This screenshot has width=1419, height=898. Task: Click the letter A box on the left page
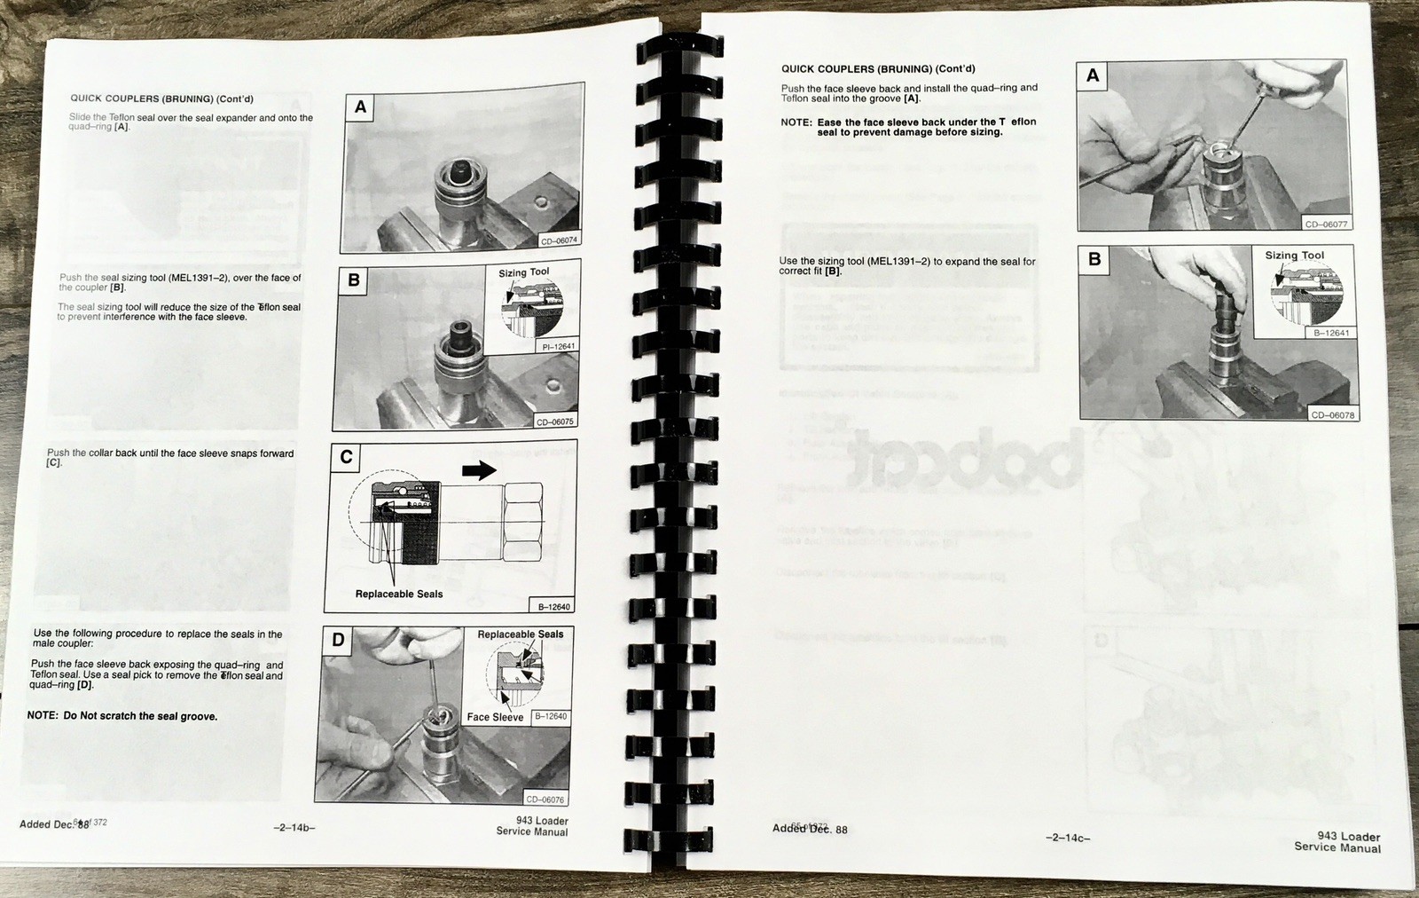360,108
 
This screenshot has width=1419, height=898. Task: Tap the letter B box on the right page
1094,259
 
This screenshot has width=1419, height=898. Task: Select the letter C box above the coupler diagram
346,457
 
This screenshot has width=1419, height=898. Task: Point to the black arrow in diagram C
479,471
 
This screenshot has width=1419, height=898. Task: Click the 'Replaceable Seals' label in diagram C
399,594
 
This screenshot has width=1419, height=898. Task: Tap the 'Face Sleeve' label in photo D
495,717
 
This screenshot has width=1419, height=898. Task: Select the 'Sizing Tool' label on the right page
1294,256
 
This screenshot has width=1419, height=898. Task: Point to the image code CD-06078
1332,414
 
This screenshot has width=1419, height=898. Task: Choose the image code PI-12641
558,347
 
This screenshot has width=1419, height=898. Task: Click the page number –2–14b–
294,828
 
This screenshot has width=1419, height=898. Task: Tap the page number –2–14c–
1069,838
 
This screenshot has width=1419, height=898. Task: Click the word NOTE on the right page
796,122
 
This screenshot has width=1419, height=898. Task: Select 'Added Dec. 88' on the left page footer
53,824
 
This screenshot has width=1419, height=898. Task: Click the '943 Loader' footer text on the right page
1348,836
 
